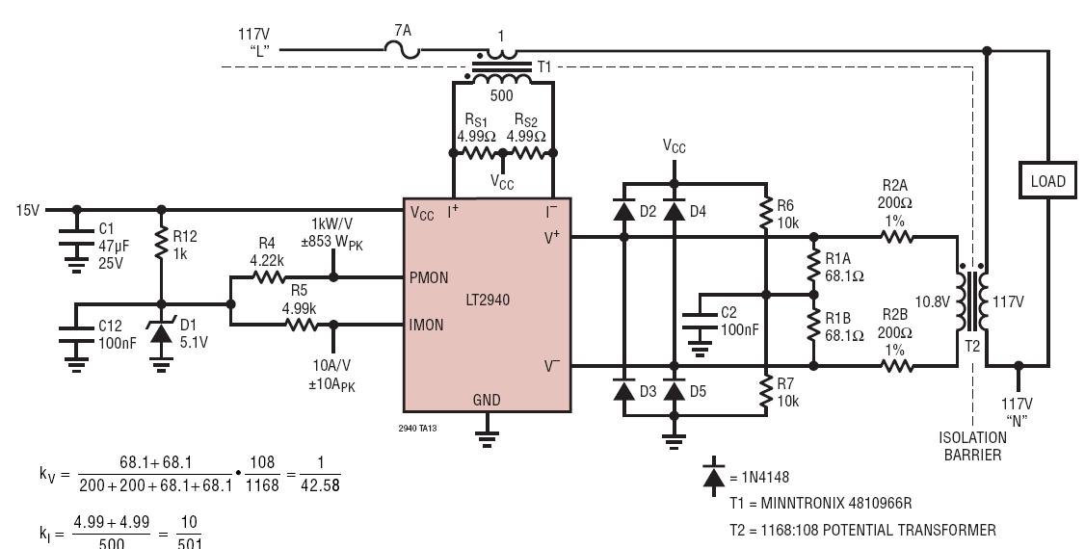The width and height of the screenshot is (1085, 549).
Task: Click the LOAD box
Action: [x=1047, y=181]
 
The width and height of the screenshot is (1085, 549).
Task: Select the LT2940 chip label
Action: [x=488, y=301]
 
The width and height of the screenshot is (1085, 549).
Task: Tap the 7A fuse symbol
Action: [x=402, y=50]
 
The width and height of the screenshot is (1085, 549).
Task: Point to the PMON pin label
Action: [x=429, y=277]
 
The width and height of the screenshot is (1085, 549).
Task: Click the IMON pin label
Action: [x=426, y=325]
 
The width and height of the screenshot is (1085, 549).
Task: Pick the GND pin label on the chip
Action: [x=487, y=400]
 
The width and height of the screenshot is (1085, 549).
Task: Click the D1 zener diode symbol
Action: [x=161, y=334]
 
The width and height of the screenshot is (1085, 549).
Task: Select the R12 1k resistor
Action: [x=161, y=245]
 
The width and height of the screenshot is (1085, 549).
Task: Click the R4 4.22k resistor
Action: [x=268, y=277]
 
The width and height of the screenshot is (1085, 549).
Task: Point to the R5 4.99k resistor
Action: [x=301, y=325]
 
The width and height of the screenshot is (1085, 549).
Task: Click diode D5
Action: [x=674, y=391]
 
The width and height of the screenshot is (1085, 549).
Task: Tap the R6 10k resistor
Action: [x=767, y=215]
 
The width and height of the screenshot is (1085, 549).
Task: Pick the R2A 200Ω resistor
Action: [x=897, y=237]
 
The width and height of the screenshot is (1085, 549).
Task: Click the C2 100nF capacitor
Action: [x=700, y=323]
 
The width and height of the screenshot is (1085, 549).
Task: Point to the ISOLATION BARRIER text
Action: [x=973, y=446]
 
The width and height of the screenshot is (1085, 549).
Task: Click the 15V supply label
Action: [x=28, y=210]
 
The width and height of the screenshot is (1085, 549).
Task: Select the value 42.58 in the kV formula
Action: [x=320, y=485]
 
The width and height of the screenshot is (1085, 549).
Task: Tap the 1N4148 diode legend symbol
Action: [x=713, y=477]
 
